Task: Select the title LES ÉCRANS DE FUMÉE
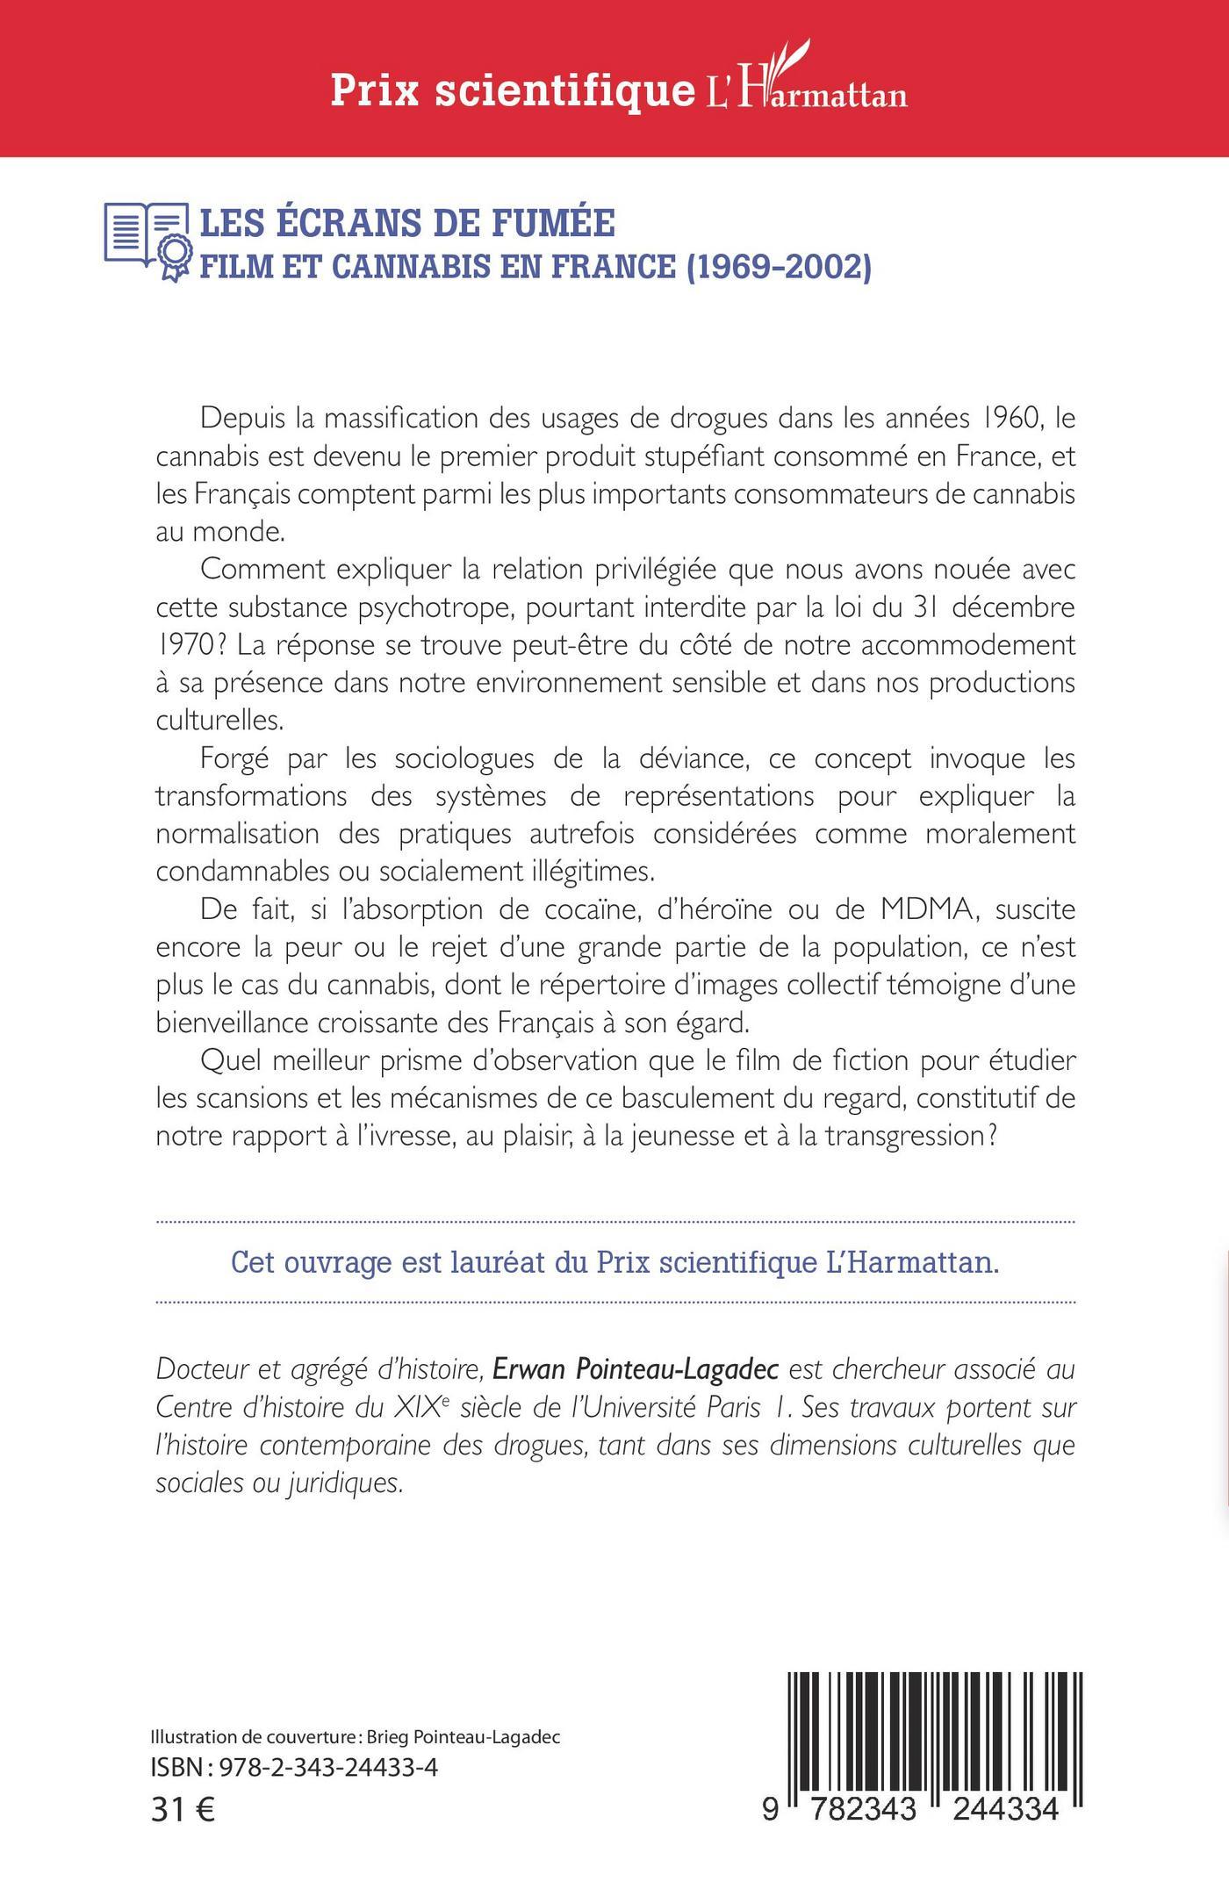coord(408,223)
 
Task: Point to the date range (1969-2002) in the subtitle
coord(776,266)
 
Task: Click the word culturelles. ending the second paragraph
coord(220,721)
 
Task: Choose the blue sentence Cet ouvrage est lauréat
coord(614,1262)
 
